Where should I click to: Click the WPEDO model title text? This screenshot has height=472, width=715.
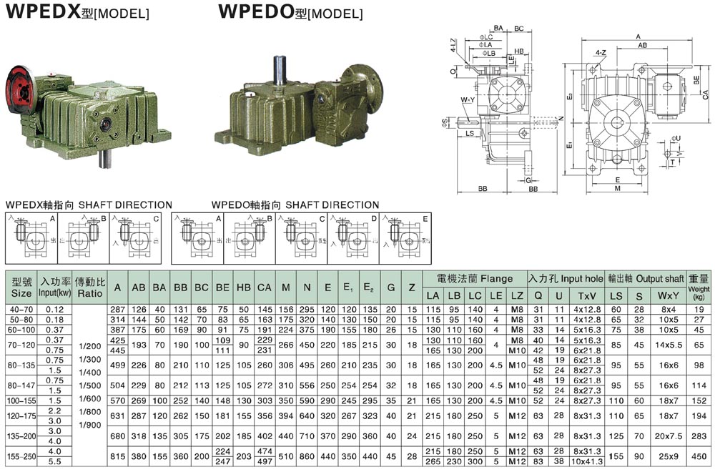pos(290,12)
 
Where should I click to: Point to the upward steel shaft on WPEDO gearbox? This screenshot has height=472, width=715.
pos(278,72)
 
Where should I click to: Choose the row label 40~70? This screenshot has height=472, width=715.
pos(21,309)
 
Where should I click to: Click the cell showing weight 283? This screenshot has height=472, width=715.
pos(699,436)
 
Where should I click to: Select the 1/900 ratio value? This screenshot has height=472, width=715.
pos(90,426)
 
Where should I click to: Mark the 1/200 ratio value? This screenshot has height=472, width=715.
pos(90,345)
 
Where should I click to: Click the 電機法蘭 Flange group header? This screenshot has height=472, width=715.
pos(474,279)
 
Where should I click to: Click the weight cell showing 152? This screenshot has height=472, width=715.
pos(699,399)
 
